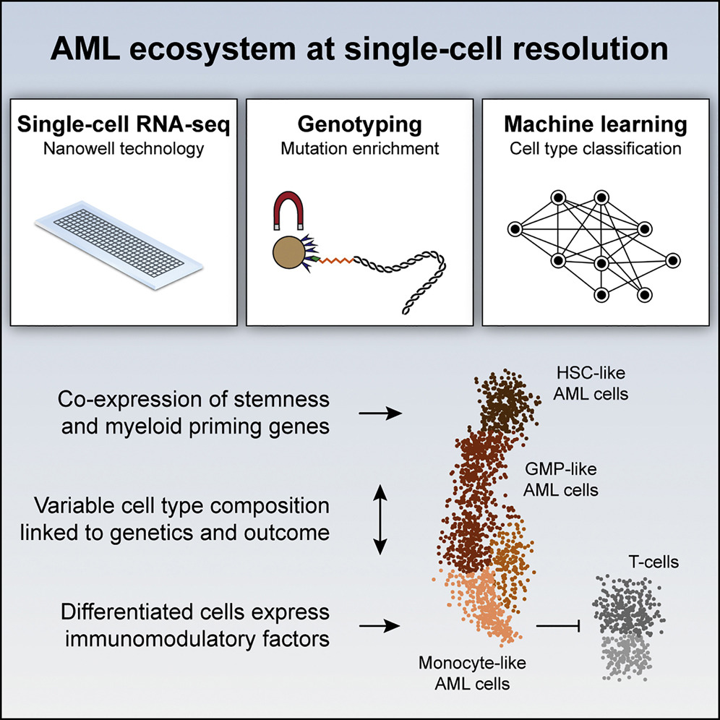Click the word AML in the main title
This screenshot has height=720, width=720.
click(85, 48)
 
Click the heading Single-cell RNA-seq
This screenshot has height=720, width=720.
click(124, 124)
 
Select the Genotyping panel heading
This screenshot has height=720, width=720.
click(359, 125)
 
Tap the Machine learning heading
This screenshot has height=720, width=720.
click(596, 124)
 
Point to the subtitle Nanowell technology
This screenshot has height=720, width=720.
click(124, 149)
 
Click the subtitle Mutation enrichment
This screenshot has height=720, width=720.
click(359, 149)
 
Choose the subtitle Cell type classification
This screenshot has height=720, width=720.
click(596, 149)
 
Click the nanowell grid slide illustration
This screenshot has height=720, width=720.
click(119, 244)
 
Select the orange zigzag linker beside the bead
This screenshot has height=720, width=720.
click(337, 261)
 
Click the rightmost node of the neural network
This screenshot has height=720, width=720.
click(673, 260)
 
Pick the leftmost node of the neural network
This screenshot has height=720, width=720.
click(515, 228)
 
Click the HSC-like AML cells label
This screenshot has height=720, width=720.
click(591, 383)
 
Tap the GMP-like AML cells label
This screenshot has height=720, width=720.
click(561, 479)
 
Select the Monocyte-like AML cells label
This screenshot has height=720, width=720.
click(472, 673)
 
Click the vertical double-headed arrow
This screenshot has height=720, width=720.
click(380, 519)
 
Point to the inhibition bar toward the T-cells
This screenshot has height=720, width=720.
click(558, 625)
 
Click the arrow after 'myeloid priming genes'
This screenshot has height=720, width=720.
click(380, 413)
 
